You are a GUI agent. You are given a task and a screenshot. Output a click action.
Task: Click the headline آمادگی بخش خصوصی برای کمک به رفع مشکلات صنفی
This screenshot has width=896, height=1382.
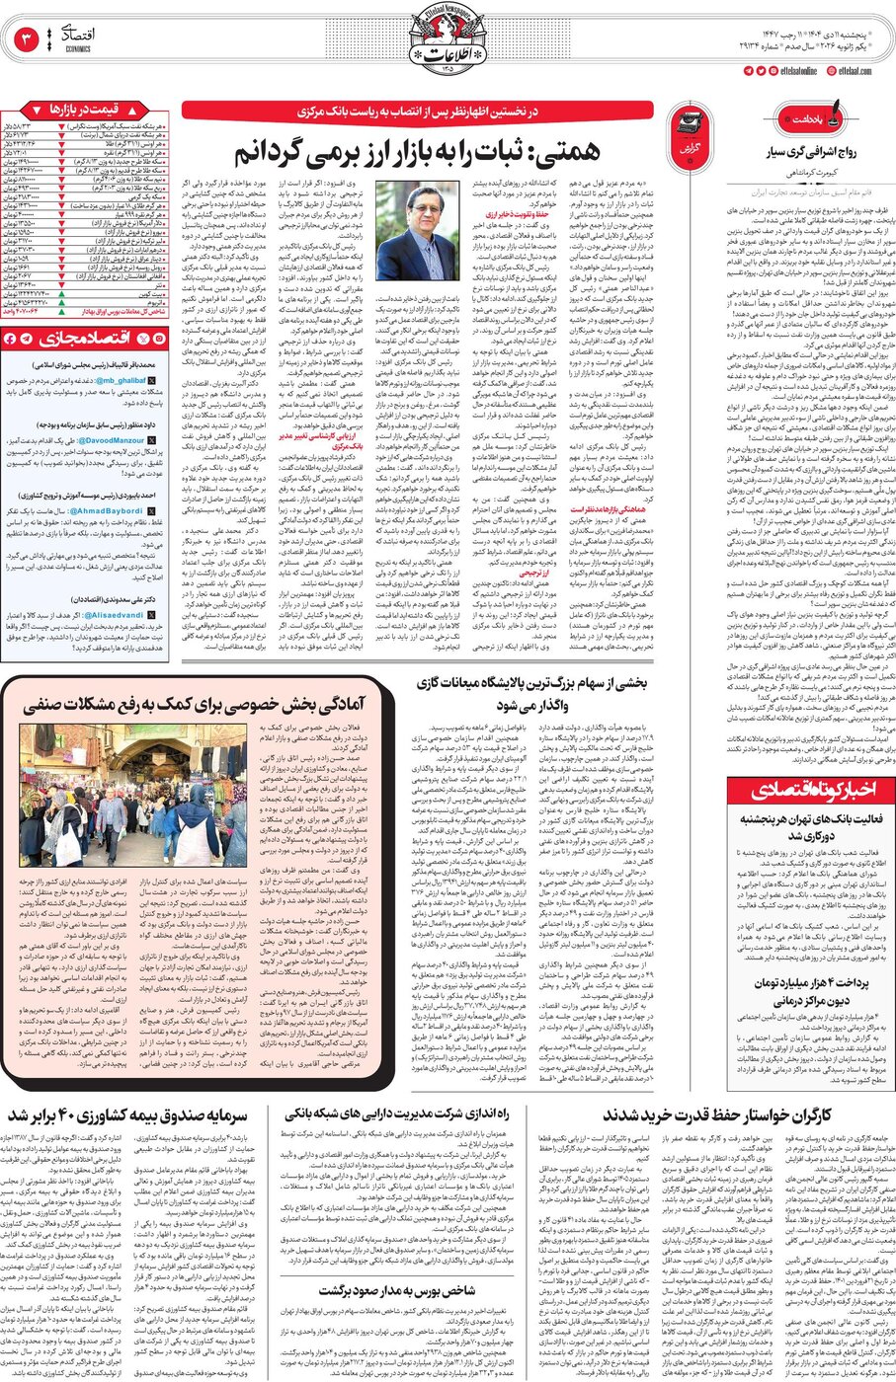click(193, 704)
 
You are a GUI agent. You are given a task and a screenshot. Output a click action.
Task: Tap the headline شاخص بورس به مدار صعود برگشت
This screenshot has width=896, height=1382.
click(396, 1290)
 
